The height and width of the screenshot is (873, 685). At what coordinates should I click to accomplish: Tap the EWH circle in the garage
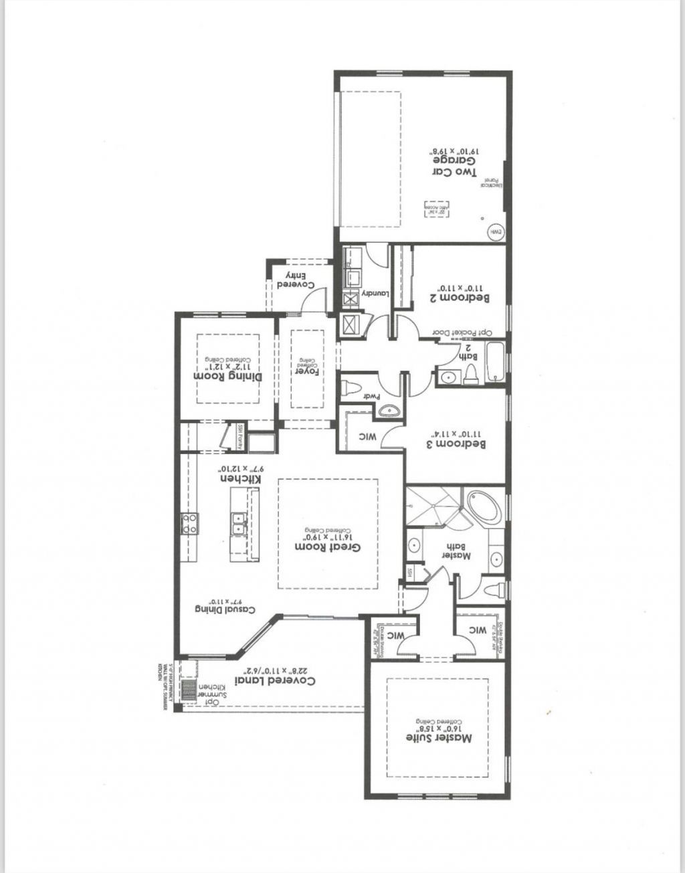(496, 231)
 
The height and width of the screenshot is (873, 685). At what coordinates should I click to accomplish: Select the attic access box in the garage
(435, 209)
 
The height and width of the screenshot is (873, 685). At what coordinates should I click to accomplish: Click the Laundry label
(375, 294)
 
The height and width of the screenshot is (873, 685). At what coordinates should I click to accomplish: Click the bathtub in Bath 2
(496, 363)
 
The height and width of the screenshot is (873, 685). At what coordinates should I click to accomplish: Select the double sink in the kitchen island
(238, 523)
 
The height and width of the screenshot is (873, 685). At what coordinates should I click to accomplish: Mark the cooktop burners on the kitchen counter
(190, 523)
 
